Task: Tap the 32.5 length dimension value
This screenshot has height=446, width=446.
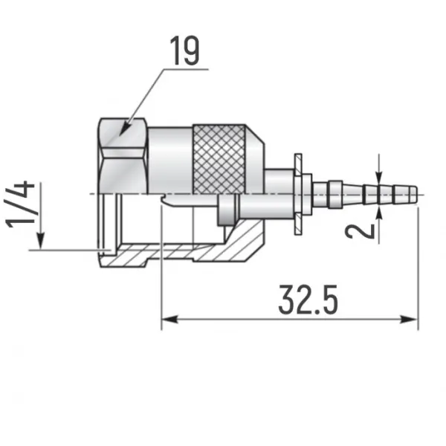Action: coord(308,300)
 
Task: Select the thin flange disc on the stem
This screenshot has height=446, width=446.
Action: coord(297,193)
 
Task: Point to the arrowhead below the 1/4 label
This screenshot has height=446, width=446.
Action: coord(42,241)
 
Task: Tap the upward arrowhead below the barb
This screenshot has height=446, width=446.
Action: coord(381,214)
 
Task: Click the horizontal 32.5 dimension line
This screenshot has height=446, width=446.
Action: coord(290,320)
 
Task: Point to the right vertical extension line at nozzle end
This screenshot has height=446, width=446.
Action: coord(418,268)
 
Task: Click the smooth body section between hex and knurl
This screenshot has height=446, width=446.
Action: coord(171,160)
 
